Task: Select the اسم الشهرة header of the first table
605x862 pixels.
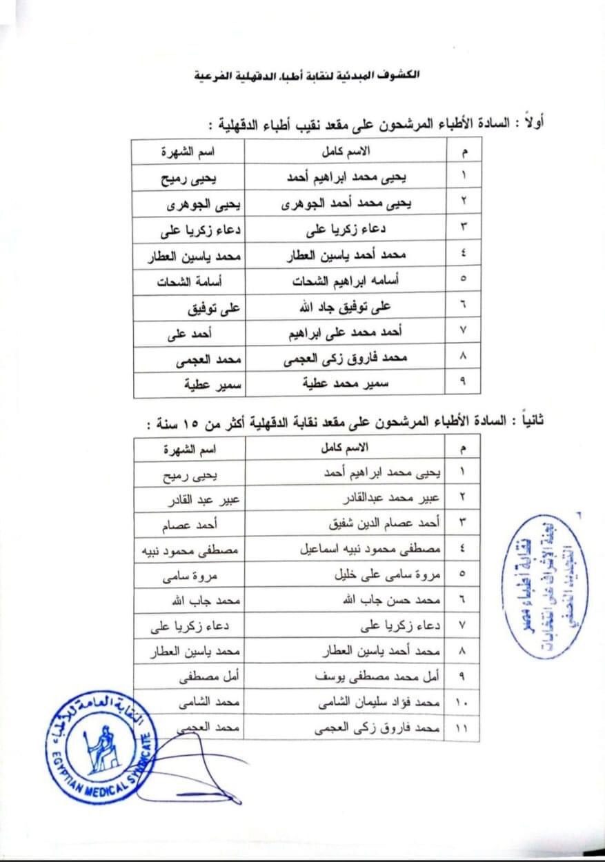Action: pos(188,150)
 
